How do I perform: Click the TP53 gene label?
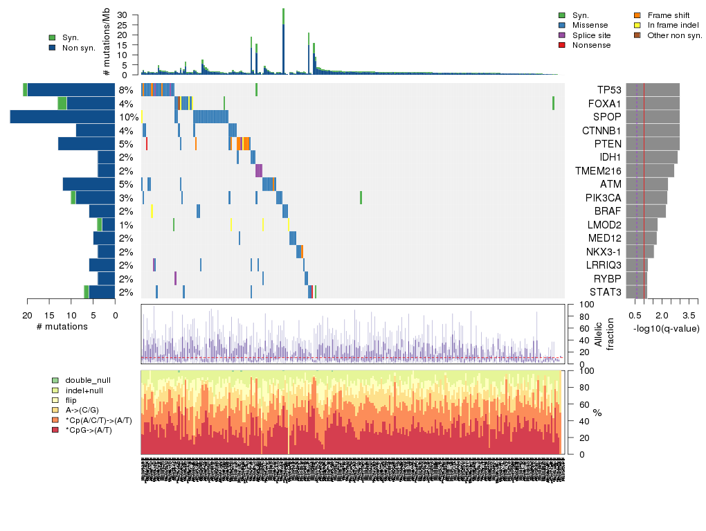pyautogui.click(x=609, y=90)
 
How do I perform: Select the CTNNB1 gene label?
pyautogui.click(x=602, y=130)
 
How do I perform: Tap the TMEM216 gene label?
pyautogui.click(x=598, y=171)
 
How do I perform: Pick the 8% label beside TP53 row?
pyautogui.click(x=126, y=90)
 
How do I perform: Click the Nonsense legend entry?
pyautogui.click(x=591, y=45)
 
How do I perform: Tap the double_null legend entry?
pyautogui.click(x=87, y=380)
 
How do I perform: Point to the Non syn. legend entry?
pyautogui.click(x=78, y=48)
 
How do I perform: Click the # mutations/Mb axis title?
pyautogui.click(x=106, y=43)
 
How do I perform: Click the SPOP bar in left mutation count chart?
pyautogui.click(x=62, y=117)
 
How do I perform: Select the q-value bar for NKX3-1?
pyautogui.click(x=640, y=251)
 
